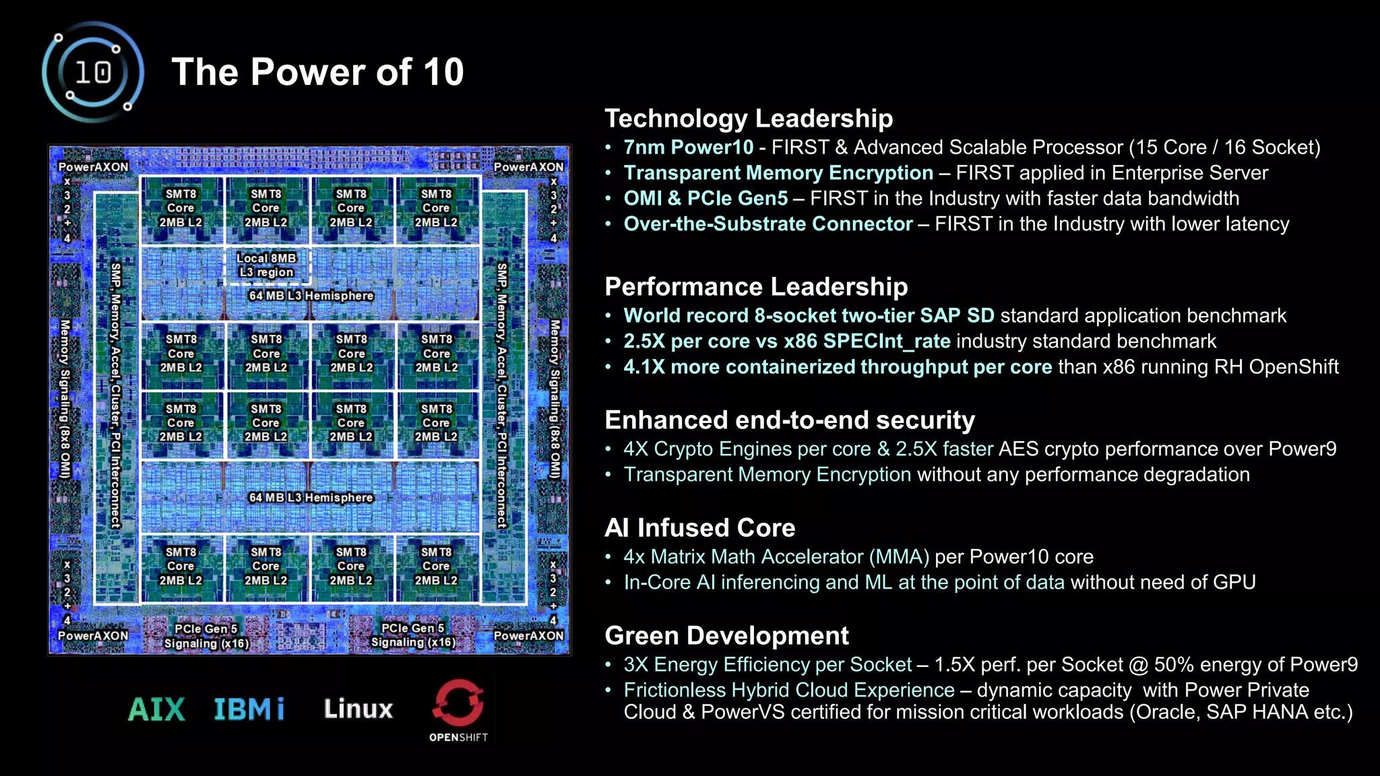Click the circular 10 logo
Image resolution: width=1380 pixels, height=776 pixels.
click(93, 72)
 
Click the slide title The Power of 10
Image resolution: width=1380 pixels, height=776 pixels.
click(317, 72)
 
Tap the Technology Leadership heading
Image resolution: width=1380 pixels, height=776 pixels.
click(749, 119)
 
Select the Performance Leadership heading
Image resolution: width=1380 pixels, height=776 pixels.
click(756, 287)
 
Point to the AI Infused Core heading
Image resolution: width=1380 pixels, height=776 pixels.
click(699, 528)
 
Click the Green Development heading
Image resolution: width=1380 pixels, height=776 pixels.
click(726, 636)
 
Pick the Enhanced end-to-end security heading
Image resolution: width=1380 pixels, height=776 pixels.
click(790, 420)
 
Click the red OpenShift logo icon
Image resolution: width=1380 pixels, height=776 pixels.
click(458, 703)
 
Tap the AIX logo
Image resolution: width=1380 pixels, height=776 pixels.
click(156, 709)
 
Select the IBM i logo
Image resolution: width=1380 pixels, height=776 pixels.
click(249, 709)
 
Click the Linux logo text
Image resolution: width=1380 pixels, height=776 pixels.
click(358, 709)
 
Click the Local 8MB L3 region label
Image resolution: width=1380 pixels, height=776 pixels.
click(266, 265)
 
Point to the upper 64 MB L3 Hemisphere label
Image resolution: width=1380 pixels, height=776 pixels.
click(311, 296)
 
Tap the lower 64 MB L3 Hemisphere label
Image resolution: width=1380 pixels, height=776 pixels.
click(311, 498)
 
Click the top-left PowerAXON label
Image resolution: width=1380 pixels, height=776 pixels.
click(93, 167)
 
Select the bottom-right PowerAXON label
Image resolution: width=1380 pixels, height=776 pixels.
click(528, 636)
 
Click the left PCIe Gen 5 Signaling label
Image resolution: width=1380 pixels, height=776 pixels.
click(206, 636)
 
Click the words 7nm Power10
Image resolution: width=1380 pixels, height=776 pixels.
click(688, 148)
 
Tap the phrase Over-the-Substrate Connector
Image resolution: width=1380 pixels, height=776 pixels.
click(767, 224)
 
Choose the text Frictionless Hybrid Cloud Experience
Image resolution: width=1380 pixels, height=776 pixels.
click(788, 690)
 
